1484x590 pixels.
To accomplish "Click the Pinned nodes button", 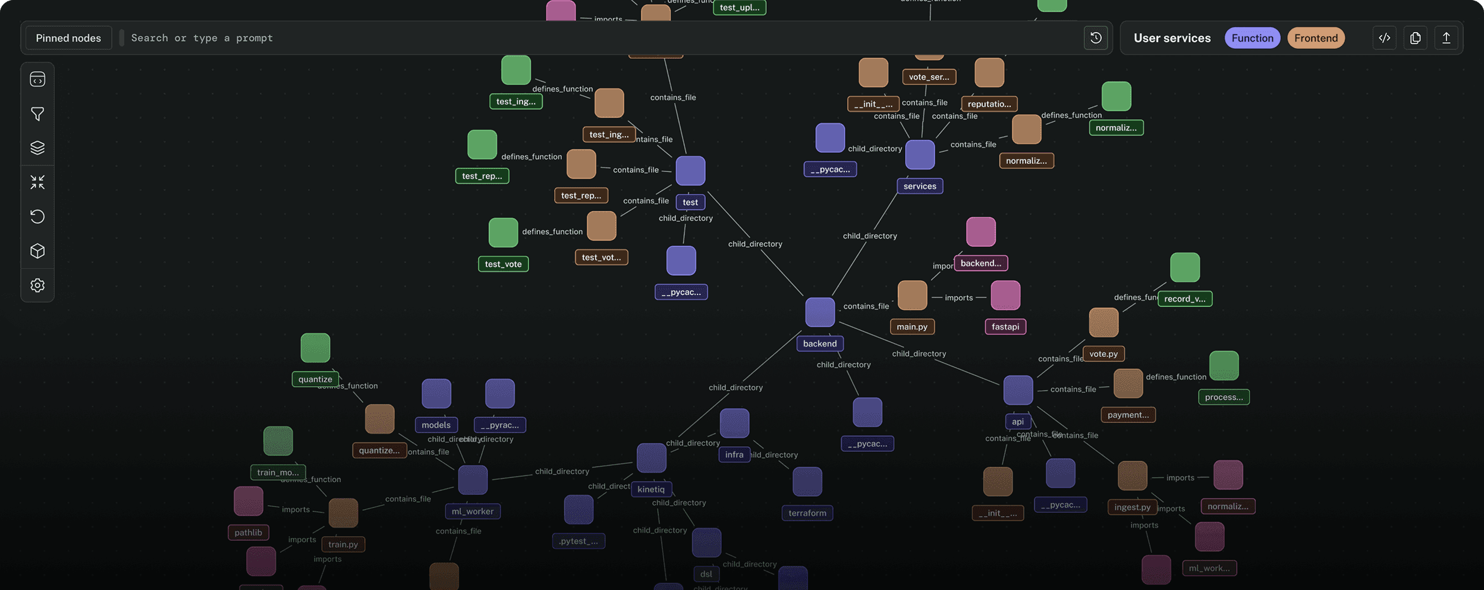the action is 68,38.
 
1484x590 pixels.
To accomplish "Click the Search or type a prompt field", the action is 595,38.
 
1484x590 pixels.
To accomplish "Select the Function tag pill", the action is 1252,38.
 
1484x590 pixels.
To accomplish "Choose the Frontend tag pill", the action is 1316,38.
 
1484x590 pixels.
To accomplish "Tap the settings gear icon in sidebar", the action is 37,285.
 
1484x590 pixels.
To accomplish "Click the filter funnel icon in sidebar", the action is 37,114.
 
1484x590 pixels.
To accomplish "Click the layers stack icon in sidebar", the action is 37,147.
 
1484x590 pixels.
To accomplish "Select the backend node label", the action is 819,344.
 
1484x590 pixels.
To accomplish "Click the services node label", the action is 919,186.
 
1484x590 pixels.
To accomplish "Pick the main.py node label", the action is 911,327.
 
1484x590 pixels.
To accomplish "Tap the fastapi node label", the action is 1005,327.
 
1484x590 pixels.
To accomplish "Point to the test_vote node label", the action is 503,264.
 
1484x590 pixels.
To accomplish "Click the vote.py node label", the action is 1103,354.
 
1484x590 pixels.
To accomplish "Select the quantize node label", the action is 315,379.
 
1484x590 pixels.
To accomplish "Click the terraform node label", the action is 807,513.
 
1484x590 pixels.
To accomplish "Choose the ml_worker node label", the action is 472,511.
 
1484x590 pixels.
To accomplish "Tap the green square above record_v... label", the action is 1184,268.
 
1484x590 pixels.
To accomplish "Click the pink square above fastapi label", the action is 1005,296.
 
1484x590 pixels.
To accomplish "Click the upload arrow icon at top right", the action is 1446,38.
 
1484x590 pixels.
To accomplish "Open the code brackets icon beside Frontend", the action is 1384,38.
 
